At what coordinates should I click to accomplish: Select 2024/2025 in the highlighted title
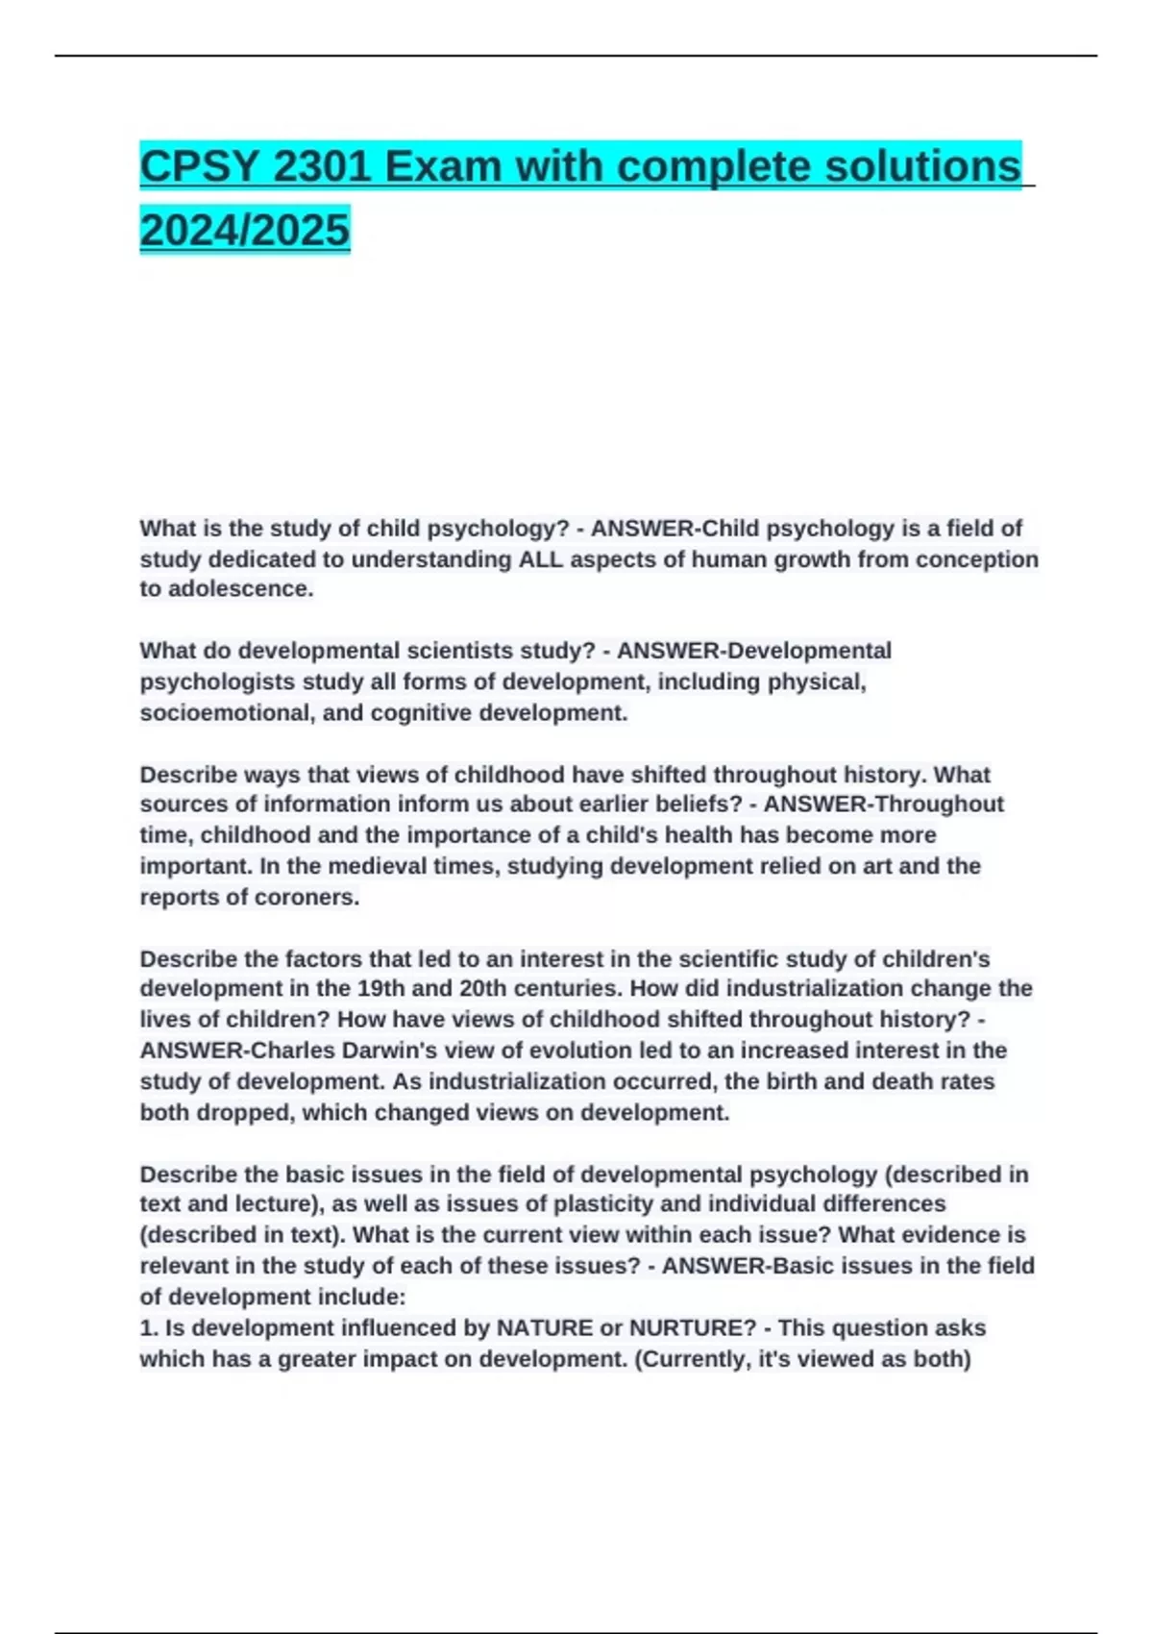tap(245, 230)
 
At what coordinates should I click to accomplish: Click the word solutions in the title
tap(922, 167)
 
